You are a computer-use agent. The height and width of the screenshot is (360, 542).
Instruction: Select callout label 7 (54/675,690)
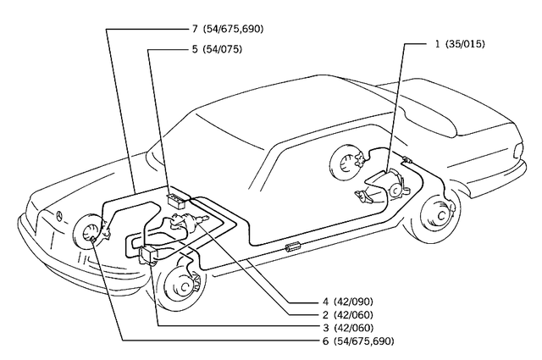[226, 29]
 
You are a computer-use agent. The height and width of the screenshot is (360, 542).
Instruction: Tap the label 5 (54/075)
[217, 49]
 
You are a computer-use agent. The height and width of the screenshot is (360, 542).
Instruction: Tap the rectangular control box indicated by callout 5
[178, 200]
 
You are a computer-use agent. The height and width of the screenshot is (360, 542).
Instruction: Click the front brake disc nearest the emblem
[88, 237]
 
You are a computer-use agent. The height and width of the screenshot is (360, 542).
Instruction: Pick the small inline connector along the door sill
[294, 246]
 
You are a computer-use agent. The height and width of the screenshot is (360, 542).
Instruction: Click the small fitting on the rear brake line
[406, 160]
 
